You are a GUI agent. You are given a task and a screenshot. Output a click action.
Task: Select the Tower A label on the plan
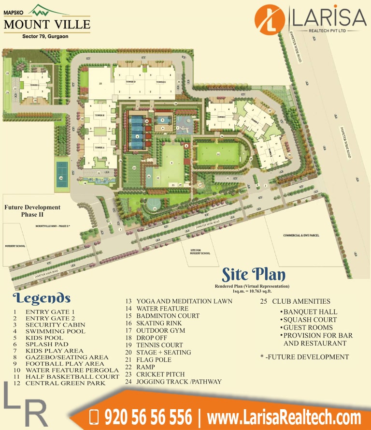[100, 147]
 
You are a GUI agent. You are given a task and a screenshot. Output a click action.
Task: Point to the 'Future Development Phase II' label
[33, 210]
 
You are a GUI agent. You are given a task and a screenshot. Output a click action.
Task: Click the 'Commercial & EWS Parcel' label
[301, 236]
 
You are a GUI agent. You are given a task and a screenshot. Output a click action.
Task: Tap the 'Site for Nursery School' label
[200, 252]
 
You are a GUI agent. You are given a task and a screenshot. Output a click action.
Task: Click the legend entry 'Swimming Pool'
[55, 331]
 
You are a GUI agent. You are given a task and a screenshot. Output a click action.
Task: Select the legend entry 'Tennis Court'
[159, 345]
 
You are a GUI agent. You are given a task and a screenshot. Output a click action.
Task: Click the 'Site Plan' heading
[254, 275]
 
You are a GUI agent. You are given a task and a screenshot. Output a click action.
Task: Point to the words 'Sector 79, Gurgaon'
[46, 36]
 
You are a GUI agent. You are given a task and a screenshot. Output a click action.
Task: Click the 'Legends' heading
[42, 298]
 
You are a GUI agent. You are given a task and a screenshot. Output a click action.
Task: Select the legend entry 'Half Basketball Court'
[72, 376]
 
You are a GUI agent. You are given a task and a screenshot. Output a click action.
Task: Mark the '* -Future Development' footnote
[304, 357]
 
